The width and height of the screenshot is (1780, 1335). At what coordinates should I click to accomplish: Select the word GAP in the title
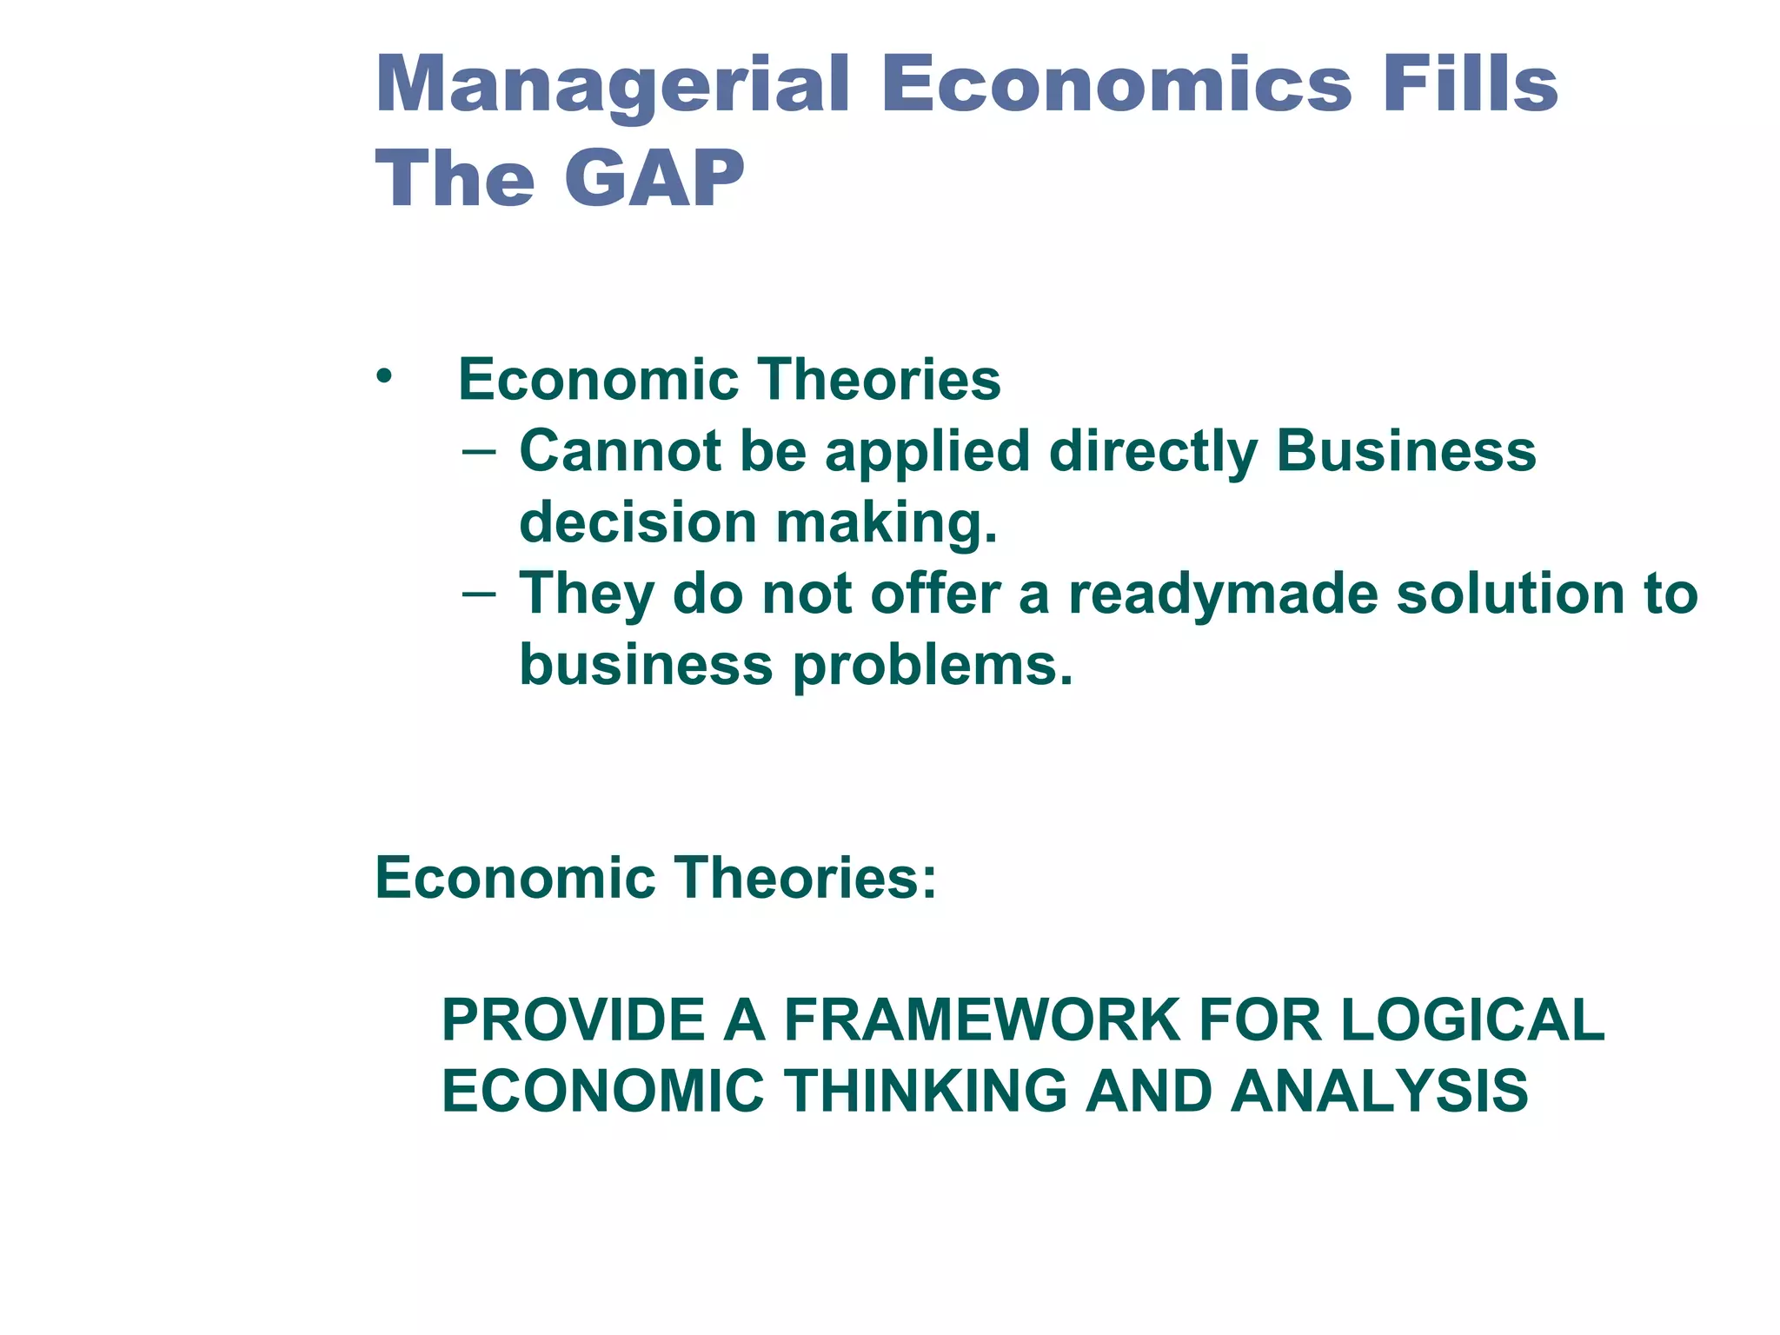pos(654,179)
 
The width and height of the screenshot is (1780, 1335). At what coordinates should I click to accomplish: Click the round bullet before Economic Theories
pos(384,377)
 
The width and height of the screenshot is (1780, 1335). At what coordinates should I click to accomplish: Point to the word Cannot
pos(620,451)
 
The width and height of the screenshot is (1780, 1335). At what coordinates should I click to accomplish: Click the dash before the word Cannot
pos(479,452)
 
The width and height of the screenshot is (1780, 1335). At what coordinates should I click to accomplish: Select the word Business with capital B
pos(1405,451)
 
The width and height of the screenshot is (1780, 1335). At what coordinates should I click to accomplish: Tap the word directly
pos(1152,453)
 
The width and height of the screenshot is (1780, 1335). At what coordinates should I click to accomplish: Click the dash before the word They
pos(479,594)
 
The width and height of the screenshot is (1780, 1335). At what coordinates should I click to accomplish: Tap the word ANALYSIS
pos(1379,1091)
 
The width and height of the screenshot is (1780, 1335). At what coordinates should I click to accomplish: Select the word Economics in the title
pos(1116,85)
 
